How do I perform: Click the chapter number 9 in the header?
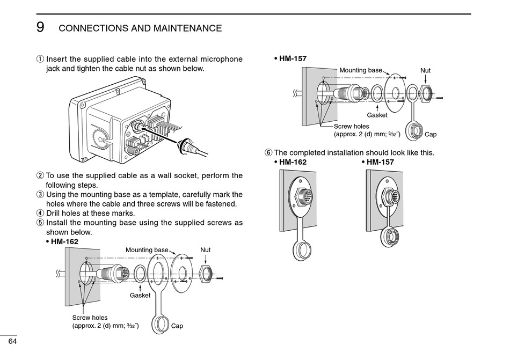click(x=40, y=27)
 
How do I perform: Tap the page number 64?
click(x=12, y=342)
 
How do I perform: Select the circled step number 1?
click(x=40, y=59)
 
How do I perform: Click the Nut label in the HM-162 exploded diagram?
click(x=205, y=250)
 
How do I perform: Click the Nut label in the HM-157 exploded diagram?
click(x=425, y=70)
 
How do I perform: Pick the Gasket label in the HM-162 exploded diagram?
click(x=140, y=296)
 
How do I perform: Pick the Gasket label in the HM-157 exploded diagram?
click(x=377, y=115)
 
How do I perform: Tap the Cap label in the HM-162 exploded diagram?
click(x=177, y=326)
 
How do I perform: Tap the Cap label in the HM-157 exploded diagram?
click(x=431, y=135)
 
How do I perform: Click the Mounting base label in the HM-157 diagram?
click(x=361, y=70)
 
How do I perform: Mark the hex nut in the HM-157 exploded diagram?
click(x=425, y=92)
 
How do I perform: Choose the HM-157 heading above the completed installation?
click(x=380, y=162)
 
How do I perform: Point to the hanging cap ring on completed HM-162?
click(x=301, y=249)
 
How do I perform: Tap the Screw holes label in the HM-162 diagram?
click(x=90, y=318)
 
